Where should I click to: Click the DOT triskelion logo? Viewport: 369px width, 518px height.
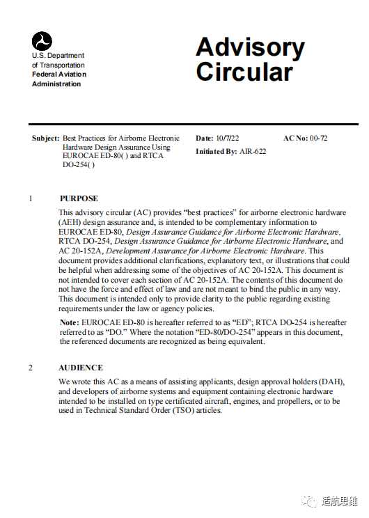coord(42,40)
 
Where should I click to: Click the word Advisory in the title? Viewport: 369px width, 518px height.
coord(250,47)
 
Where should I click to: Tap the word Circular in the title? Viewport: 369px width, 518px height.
coord(244,72)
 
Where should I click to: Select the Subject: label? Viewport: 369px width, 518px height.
coord(46,138)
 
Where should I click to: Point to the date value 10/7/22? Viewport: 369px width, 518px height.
coord(228,138)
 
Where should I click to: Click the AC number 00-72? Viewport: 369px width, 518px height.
coord(319,138)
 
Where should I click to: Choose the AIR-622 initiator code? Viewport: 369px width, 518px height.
coord(252,151)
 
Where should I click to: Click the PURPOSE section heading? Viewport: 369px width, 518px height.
coord(79,198)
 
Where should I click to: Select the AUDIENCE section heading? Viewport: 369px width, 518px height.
coord(81,368)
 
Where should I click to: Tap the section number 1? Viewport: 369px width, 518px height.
coord(31,198)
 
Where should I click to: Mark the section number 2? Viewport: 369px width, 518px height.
coord(31,368)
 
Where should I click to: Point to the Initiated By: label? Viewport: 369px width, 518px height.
coord(215,151)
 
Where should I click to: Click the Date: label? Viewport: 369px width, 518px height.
coord(204,138)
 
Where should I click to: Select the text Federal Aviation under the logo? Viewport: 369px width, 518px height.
coord(59,74)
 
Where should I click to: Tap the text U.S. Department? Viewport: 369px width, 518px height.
coord(58,56)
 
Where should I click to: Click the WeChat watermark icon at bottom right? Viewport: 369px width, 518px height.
coord(308,500)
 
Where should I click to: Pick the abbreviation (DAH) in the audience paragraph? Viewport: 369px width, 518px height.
coord(331,382)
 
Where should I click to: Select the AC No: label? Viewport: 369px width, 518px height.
coord(295,138)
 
